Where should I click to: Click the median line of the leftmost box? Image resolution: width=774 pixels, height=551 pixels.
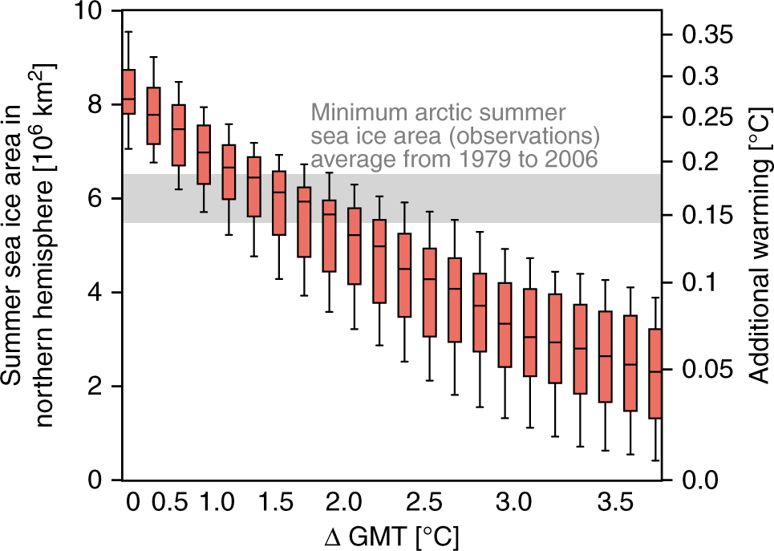(x=128, y=99)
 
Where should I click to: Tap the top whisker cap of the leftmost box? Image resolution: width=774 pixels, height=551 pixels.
(x=128, y=31)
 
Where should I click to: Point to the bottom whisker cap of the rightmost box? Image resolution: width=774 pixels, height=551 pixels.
(x=654, y=460)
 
